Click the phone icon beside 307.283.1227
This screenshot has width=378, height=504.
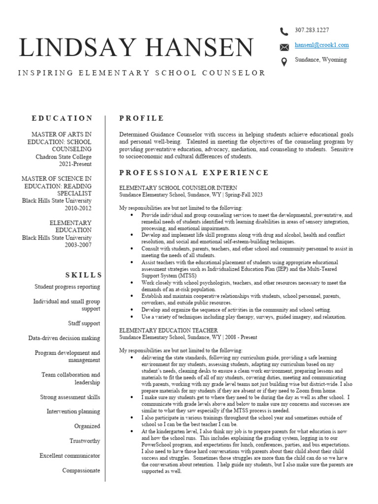284,31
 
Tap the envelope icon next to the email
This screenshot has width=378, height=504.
284,47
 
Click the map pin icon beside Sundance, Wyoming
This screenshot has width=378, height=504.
284,62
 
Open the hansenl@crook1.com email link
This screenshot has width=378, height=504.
321,45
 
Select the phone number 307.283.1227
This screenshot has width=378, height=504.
312,30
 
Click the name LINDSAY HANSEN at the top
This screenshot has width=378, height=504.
136,48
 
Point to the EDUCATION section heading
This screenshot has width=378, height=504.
62,118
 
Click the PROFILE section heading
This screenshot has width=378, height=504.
142,118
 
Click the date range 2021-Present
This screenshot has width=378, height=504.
75,164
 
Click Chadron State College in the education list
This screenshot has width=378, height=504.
63,157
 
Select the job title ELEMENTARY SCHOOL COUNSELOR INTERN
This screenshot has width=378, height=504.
178,188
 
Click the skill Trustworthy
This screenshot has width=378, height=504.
85,441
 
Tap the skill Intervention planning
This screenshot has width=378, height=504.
73,411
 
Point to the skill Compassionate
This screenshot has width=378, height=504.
81,471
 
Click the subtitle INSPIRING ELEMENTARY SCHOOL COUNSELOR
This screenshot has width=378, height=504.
142,73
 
